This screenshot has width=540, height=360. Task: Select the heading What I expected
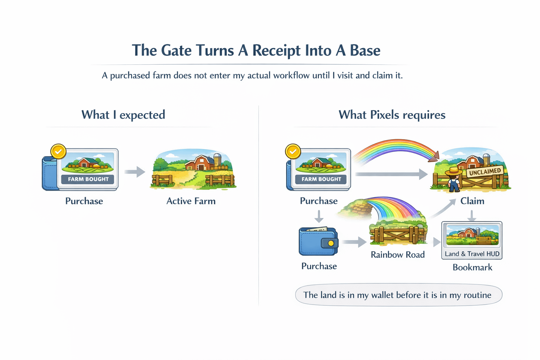123,115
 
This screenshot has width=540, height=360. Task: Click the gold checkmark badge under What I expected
58,152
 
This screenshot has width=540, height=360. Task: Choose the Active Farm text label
191,201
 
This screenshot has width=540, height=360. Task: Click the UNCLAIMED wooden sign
485,172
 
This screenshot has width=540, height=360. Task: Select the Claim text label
472,201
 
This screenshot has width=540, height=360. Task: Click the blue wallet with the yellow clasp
318,242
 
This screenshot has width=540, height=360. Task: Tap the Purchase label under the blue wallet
319,266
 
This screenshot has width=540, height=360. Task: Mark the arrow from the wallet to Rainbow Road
354,242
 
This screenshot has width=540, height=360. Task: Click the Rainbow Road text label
398,255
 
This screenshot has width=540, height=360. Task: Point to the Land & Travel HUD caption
472,254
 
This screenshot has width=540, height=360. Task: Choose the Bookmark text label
472,268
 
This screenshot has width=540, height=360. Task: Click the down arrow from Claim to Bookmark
472,215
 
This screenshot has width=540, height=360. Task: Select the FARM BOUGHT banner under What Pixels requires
321,179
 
